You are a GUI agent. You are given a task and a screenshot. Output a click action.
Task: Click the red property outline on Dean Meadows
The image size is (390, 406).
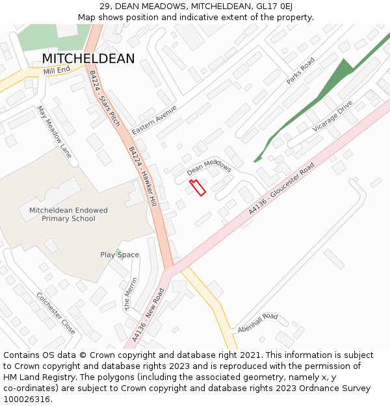pyautogui.click(x=197, y=188)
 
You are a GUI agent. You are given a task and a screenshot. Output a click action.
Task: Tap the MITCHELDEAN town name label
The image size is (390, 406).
pyautogui.click(x=88, y=59)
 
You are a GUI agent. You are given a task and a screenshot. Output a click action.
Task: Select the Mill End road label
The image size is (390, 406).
pyautogui.click(x=57, y=70)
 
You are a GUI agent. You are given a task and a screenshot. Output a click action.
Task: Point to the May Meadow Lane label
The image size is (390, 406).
pyautogui.click(x=54, y=132)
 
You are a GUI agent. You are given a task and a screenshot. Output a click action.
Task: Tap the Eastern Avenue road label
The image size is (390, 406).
pyautogui.click(x=154, y=120)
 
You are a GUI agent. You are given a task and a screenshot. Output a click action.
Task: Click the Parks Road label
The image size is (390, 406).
pyautogui.click(x=300, y=71)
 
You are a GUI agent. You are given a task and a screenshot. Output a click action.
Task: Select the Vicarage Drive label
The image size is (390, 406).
pyautogui.click(x=331, y=116)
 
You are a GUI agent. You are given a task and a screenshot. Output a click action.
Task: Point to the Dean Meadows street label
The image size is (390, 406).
pyautogui.click(x=209, y=168)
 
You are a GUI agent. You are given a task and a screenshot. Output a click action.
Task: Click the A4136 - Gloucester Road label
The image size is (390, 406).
pyautogui.click(x=281, y=189)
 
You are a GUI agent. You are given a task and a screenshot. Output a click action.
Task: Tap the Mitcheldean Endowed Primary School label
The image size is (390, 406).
pyautogui.click(x=68, y=214)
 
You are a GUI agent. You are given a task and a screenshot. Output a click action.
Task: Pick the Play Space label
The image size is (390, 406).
pyautogui.click(x=120, y=255)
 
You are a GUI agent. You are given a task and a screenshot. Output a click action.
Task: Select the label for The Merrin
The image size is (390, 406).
pyautogui.click(x=131, y=294)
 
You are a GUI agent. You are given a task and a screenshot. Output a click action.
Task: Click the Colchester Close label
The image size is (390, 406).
pyautogui.click(x=56, y=313)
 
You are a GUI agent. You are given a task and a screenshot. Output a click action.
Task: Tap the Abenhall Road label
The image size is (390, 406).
pyautogui.click(x=257, y=323)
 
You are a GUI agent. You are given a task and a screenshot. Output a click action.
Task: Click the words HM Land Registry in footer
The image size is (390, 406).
pyautogui.click(x=35, y=377)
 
